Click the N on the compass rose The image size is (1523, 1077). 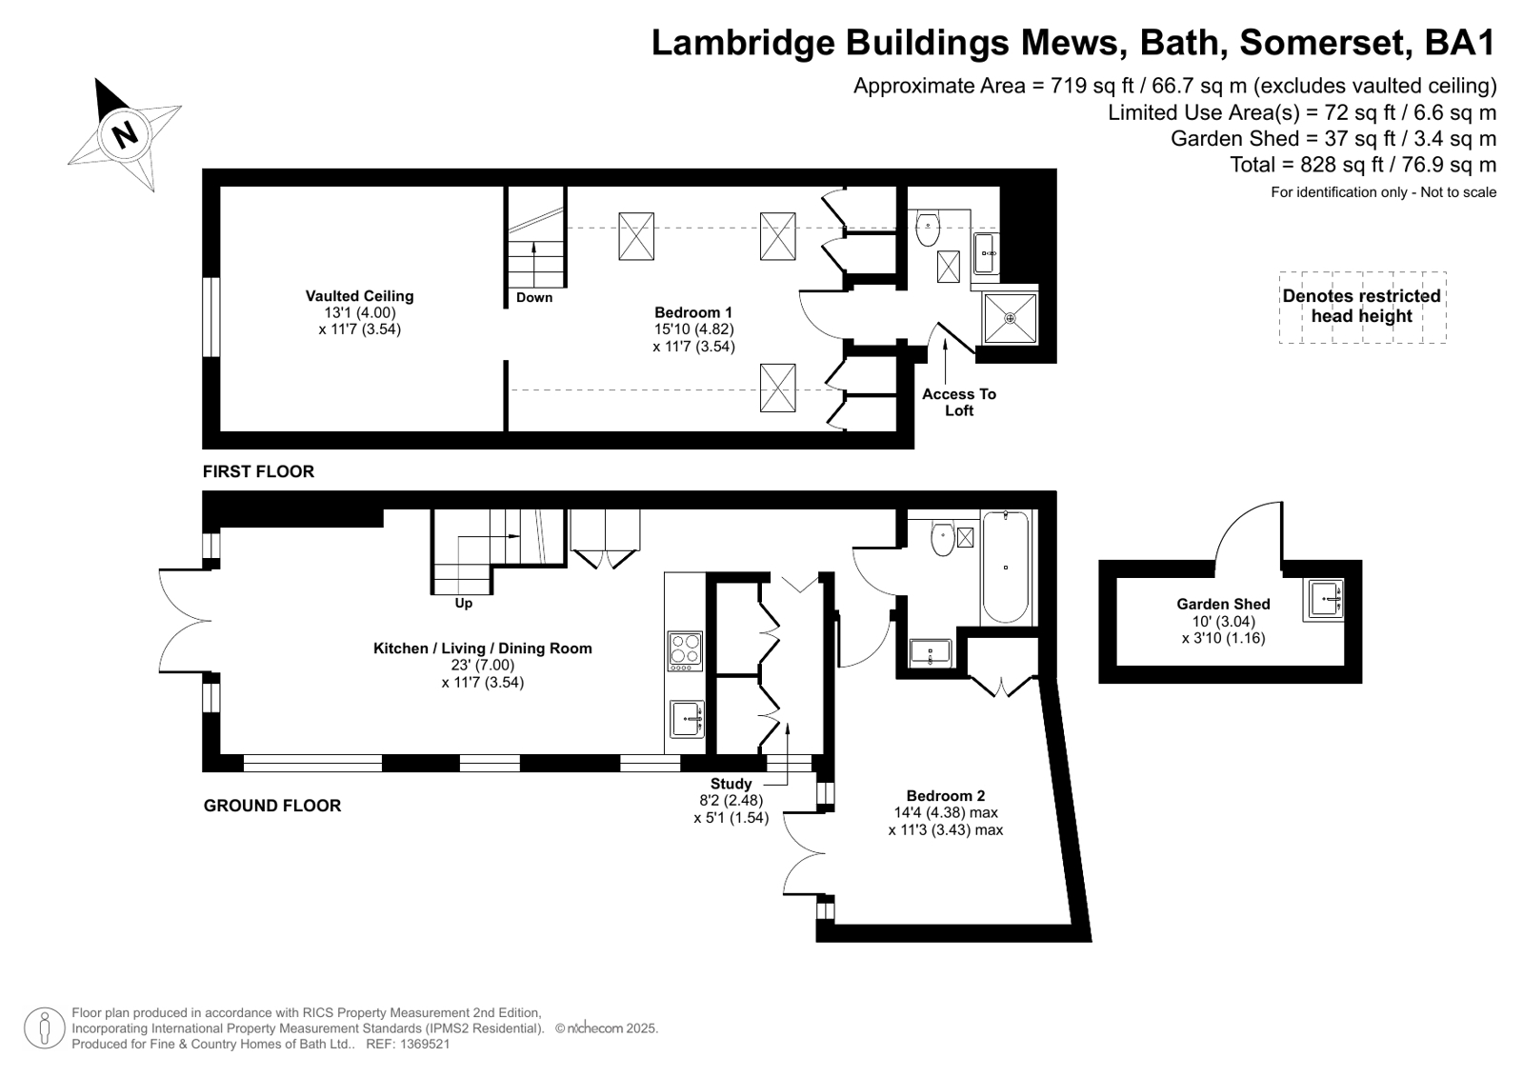[125, 135]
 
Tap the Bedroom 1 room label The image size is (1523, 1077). [692, 312]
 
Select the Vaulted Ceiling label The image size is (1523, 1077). [359, 296]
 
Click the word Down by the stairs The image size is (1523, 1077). [533, 297]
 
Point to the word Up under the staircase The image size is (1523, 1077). [463, 603]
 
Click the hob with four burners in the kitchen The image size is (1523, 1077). [685, 651]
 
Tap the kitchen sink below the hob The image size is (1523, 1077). [687, 719]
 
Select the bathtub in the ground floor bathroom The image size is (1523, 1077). [1006, 567]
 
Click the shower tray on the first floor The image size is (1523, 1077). [1011, 318]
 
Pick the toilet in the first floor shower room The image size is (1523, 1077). [928, 229]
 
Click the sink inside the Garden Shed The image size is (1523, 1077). [1323, 600]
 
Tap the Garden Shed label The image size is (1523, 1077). [1223, 604]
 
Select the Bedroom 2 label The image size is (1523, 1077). [945, 795]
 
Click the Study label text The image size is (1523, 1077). [731, 784]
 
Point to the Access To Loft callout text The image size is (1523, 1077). [959, 402]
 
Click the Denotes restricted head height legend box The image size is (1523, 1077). [1362, 308]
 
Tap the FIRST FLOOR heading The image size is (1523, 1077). [258, 471]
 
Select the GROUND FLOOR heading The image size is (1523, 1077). [272, 806]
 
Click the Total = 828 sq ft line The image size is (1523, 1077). [1363, 165]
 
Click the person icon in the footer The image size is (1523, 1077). [44, 1027]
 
